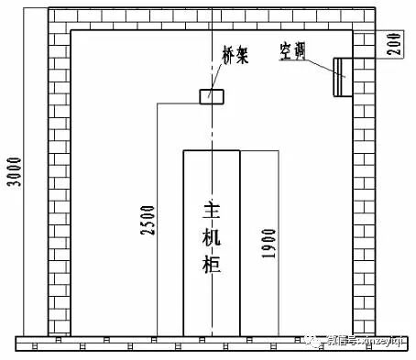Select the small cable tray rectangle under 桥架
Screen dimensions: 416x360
point(211,95)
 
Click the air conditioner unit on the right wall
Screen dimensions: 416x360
point(341,76)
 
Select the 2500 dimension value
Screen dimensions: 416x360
point(147,221)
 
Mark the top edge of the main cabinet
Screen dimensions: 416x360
point(211,150)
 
